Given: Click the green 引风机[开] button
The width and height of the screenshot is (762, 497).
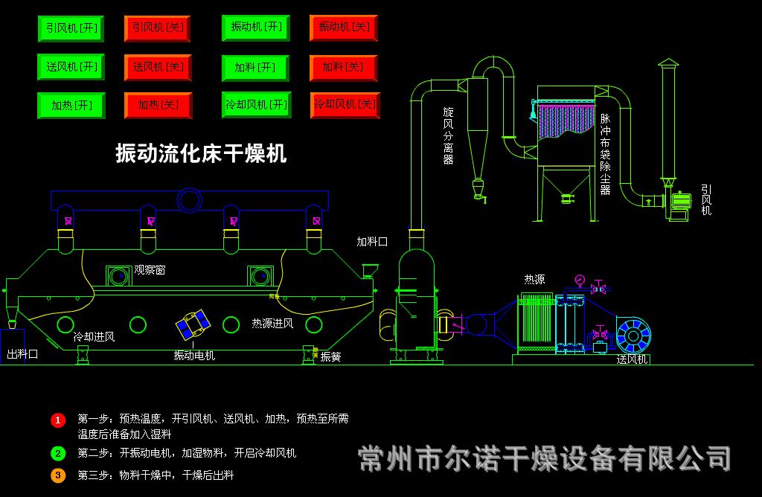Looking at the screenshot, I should tap(70, 28).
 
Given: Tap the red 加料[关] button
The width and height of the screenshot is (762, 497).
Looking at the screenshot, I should tap(343, 68).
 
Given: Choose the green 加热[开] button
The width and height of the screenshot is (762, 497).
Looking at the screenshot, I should tap(71, 106).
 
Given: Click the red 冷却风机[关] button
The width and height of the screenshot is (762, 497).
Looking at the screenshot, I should tap(345, 105).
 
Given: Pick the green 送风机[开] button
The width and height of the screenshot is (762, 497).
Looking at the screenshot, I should tap(71, 67).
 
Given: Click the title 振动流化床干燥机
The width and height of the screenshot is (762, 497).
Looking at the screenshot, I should tap(201, 154).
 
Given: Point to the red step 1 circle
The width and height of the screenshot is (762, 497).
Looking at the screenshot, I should tap(58, 420).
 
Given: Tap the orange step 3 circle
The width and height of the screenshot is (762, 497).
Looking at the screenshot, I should tap(58, 475).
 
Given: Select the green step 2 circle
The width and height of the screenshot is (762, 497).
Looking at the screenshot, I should tap(58, 453).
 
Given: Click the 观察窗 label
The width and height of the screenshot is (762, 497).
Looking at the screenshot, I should tap(150, 270).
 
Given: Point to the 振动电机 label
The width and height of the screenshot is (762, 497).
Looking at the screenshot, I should tap(194, 356).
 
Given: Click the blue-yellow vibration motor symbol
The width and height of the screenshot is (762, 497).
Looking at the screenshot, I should tap(193, 324).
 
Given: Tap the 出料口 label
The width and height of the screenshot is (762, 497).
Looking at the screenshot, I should tap(22, 354).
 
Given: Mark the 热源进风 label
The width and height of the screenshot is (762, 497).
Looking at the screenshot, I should tap(272, 324).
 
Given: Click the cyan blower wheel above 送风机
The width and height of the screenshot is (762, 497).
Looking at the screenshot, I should tap(632, 336).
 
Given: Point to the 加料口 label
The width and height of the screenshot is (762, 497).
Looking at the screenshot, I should tap(372, 241).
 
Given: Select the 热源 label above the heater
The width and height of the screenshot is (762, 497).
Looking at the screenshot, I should tap(534, 280).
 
